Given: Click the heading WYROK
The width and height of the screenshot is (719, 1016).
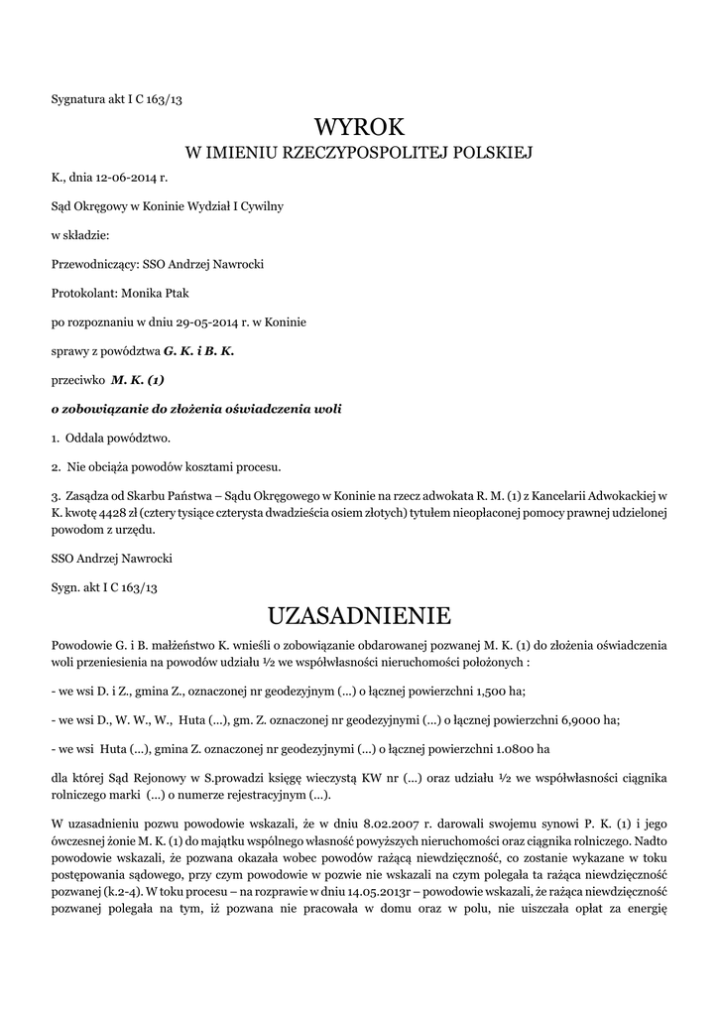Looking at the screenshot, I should pos(359,127).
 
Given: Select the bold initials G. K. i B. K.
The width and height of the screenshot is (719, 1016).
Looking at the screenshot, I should pos(198,350).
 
